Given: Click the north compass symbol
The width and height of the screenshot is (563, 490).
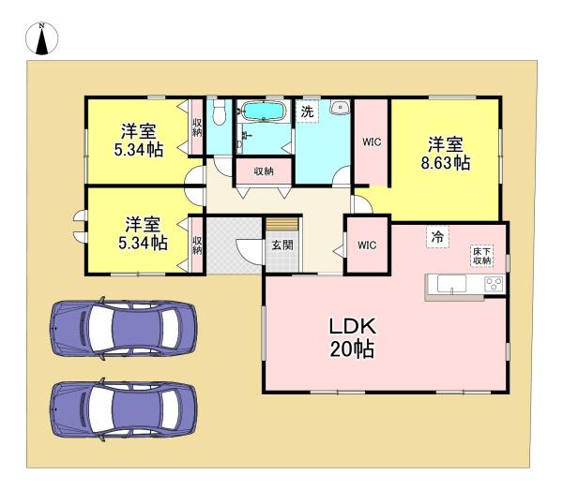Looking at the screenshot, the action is [41, 38].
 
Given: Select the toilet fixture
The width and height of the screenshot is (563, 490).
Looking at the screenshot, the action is [219, 111].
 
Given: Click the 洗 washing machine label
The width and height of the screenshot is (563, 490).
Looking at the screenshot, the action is [307, 111].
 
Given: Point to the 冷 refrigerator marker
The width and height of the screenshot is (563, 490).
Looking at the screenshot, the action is [437, 237].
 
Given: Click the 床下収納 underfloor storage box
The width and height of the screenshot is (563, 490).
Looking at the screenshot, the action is [482, 256].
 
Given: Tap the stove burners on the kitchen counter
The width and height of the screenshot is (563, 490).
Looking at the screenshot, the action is [495, 284].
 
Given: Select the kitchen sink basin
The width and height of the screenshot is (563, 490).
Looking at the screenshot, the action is [451, 284].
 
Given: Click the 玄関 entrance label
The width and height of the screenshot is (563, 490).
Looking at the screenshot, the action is [282, 245].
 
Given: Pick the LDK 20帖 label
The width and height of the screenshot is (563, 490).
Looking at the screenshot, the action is [353, 337].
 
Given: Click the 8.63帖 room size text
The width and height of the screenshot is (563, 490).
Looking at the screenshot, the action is [445, 163].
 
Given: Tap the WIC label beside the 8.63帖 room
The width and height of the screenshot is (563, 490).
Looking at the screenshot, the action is [372, 142].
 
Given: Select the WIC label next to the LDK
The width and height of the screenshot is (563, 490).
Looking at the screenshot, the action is [367, 245].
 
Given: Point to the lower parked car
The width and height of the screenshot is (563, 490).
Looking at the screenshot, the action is [124, 409].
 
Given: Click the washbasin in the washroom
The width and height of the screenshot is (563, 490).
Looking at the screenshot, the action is [341, 107].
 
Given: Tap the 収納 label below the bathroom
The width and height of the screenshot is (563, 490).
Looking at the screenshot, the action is [264, 171].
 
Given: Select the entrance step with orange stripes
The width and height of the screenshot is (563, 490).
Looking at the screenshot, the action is [282, 224].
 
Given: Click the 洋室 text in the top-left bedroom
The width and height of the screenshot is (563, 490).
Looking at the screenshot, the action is [138, 131].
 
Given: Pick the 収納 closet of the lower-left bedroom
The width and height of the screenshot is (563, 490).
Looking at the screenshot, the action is [197, 245].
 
